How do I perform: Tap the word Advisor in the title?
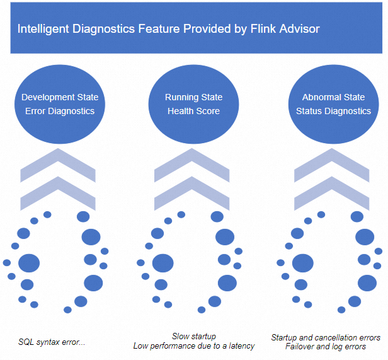(x=301, y=29)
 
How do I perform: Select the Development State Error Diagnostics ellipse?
(x=60, y=103)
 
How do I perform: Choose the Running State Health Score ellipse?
(x=193, y=103)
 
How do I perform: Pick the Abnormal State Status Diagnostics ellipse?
(x=333, y=103)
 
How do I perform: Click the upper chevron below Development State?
(x=59, y=166)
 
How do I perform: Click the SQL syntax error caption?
(x=52, y=342)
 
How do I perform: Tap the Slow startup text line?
(x=193, y=337)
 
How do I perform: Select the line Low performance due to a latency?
(x=193, y=346)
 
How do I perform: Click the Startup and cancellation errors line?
(x=326, y=338)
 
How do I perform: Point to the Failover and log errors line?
(x=325, y=347)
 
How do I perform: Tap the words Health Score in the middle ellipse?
(x=193, y=111)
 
